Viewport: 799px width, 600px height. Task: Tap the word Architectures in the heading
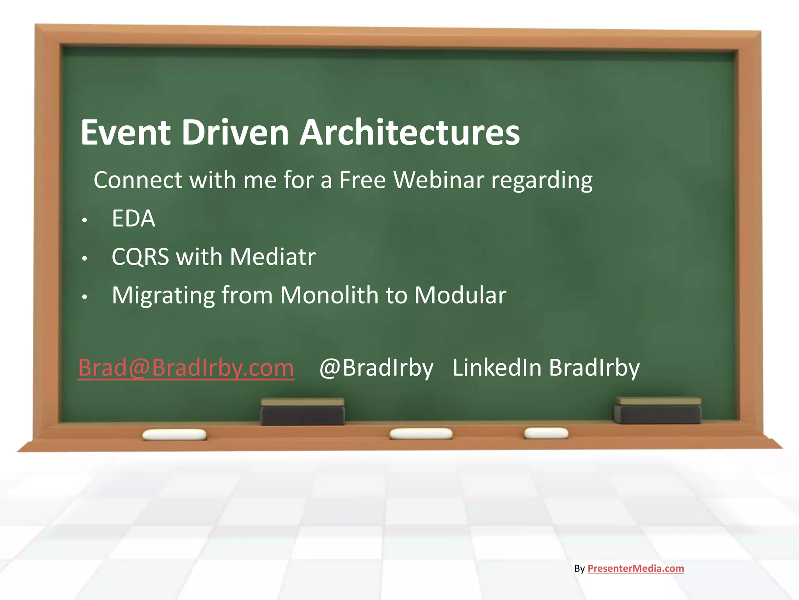point(409,132)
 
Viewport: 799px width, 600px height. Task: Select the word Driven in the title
point(235,132)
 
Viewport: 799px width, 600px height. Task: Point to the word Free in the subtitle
point(362,180)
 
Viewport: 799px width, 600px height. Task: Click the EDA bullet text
point(133,218)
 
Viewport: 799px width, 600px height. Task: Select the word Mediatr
point(273,257)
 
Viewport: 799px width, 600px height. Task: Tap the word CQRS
point(140,257)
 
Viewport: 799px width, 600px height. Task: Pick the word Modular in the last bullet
point(460,295)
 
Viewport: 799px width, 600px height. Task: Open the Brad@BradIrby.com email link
point(186,368)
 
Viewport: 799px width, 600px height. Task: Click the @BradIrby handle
point(376,368)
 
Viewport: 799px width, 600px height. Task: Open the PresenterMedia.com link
point(636,568)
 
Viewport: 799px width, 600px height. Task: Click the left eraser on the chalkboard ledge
point(302,412)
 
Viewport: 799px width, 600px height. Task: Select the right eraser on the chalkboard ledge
point(657,411)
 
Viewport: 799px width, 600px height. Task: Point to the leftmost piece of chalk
point(174,434)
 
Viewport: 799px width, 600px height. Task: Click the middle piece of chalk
point(421,434)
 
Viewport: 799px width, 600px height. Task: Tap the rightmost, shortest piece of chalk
point(546,433)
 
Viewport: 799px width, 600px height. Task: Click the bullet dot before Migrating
point(85,297)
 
